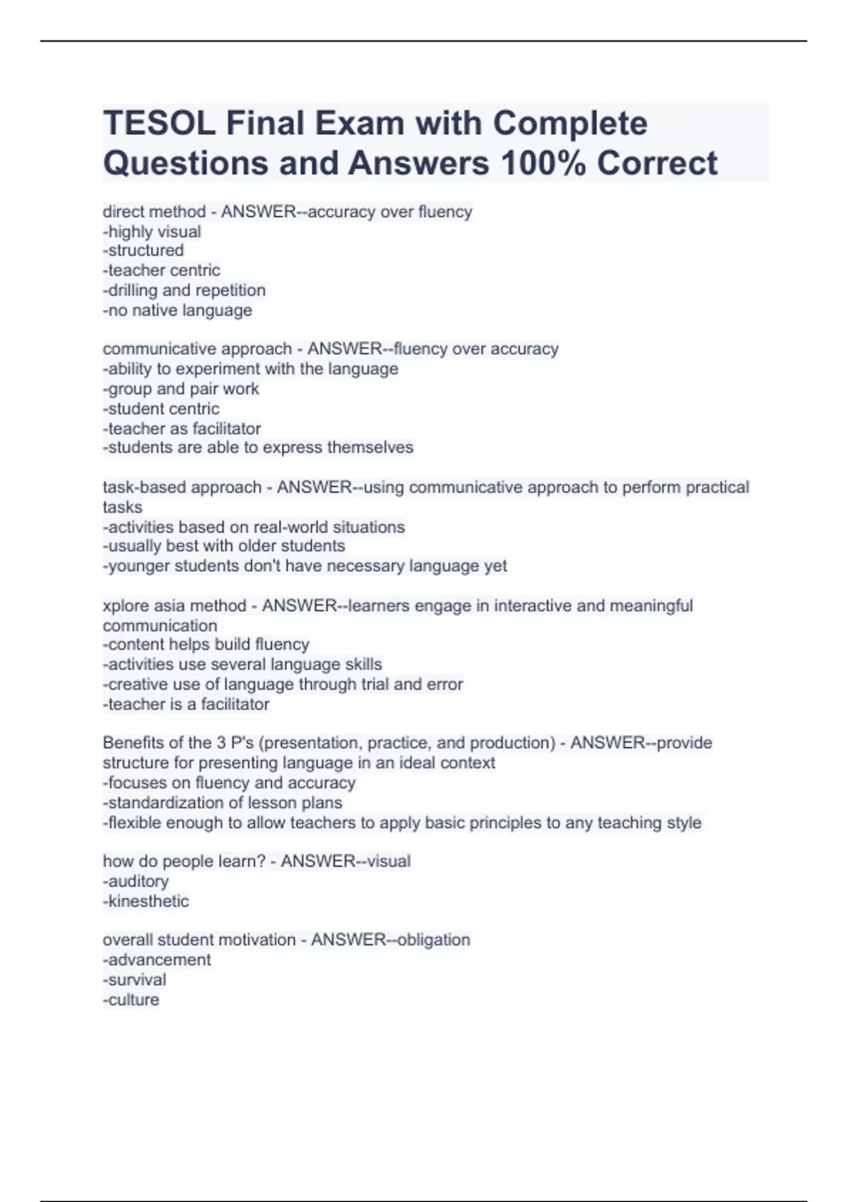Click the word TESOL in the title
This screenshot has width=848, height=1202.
159,124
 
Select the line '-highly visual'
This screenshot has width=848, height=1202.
152,231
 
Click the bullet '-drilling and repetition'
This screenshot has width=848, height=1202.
184,290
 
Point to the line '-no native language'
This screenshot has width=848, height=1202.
177,310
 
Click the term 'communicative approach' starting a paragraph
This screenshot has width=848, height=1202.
197,349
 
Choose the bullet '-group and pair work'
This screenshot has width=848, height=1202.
181,388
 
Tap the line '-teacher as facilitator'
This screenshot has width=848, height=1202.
182,428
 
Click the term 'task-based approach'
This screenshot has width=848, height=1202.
182,487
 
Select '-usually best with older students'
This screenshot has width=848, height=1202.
224,546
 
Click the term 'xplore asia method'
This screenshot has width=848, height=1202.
175,605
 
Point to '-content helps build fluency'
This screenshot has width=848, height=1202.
206,644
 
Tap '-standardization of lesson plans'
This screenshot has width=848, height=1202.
223,803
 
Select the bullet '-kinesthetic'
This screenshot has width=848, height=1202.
146,901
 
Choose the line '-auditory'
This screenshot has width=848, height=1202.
136,881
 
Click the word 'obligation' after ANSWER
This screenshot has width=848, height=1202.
433,940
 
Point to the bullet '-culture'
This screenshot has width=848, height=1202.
131,999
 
